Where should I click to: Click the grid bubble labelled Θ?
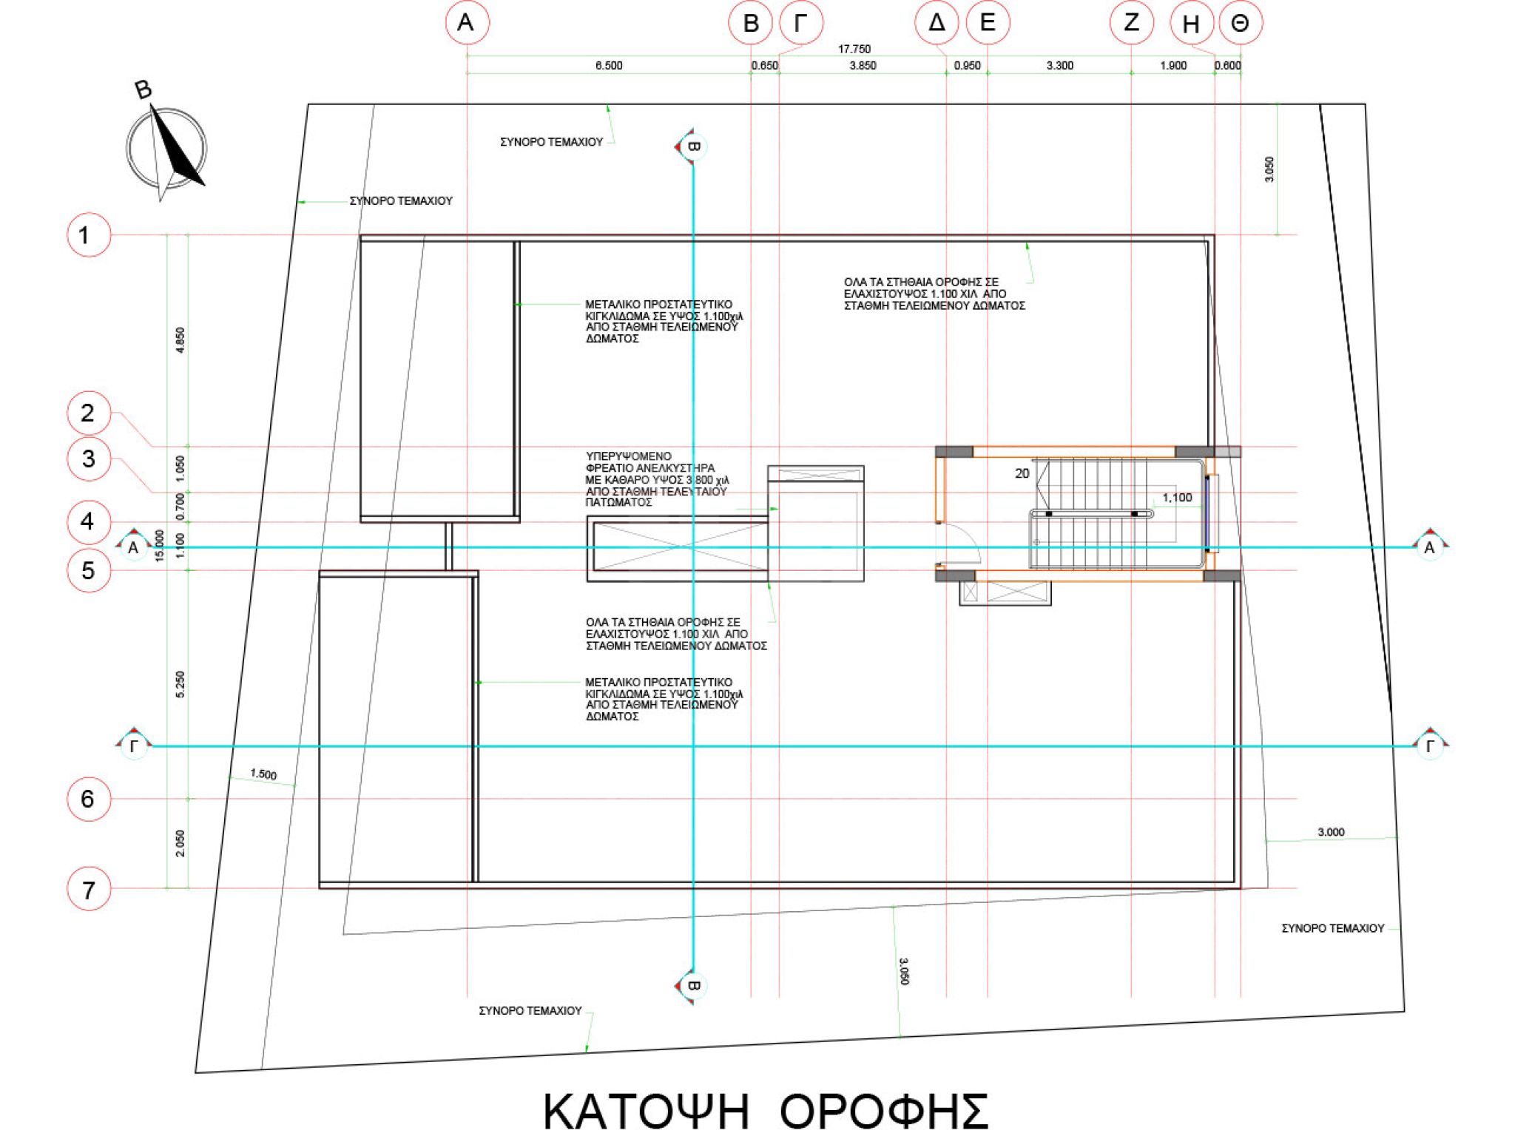click(x=1240, y=23)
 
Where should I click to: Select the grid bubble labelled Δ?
click(x=937, y=23)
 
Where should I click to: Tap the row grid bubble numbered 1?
click(x=89, y=235)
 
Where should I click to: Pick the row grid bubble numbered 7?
click(x=89, y=889)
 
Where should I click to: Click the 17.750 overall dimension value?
click(x=854, y=49)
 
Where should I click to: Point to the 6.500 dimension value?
click(x=609, y=66)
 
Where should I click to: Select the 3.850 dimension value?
click(x=863, y=66)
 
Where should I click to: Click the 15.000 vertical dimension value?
click(x=160, y=545)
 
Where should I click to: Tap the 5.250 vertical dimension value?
click(x=180, y=684)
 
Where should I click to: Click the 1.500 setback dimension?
click(x=263, y=774)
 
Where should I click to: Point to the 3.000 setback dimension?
click(x=1331, y=832)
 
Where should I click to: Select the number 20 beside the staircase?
click(x=1022, y=473)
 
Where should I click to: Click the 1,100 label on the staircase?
click(x=1177, y=498)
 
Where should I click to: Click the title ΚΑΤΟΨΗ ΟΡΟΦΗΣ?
click(x=766, y=1110)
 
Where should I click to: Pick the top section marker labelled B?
click(x=692, y=146)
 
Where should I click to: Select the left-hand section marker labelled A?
click(x=133, y=546)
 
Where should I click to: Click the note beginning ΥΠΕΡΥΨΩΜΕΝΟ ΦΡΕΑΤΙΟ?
click(x=657, y=479)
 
